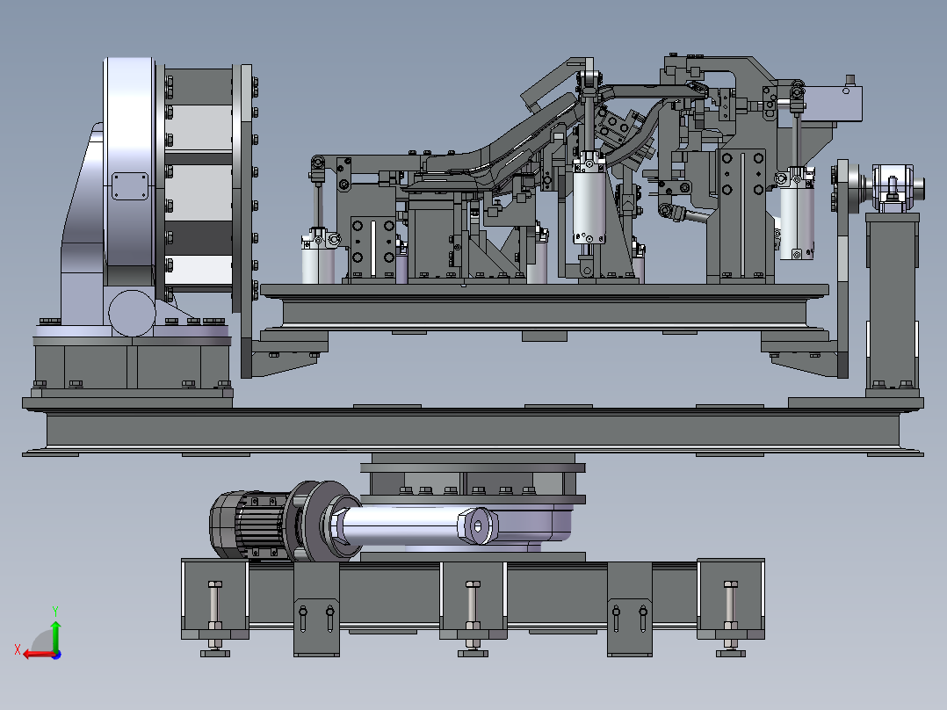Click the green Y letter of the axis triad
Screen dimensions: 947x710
pyautogui.click(x=55, y=611)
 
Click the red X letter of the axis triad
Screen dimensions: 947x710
pyautogui.click(x=18, y=649)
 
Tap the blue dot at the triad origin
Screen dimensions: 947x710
pyautogui.click(x=57, y=655)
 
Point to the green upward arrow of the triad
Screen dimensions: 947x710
pyautogui.click(x=55, y=635)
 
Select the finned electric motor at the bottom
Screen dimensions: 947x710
pyautogui.click(x=249, y=524)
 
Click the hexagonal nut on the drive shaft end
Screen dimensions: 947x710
pyautogui.click(x=478, y=526)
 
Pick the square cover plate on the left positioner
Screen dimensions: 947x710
pyautogui.click(x=130, y=186)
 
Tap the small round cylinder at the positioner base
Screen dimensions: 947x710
pyautogui.click(x=133, y=313)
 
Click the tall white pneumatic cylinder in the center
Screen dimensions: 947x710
pyautogui.click(x=589, y=200)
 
